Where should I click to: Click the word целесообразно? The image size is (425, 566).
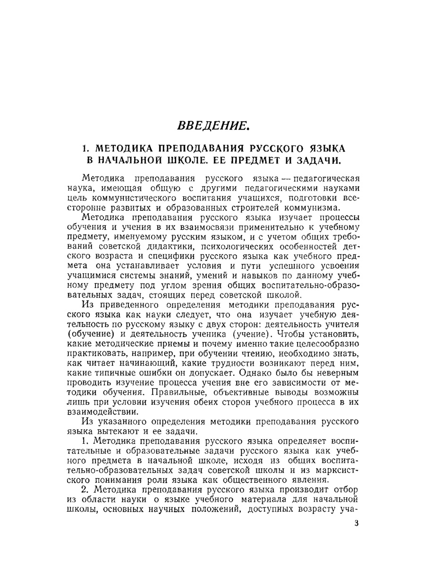pos(325,343)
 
